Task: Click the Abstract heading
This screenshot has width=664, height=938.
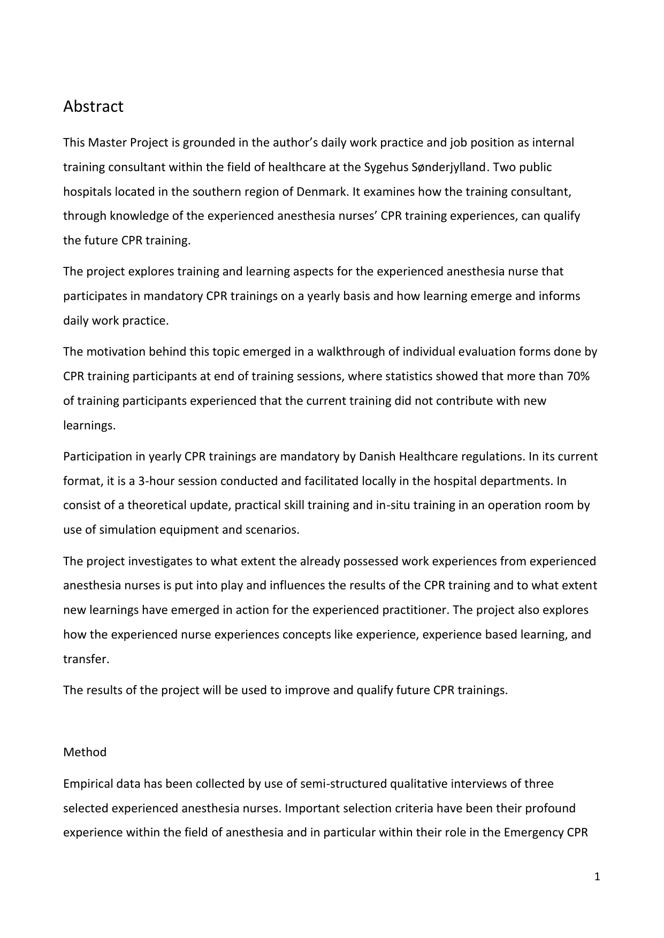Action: click(93, 106)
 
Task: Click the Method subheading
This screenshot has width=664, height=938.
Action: click(85, 752)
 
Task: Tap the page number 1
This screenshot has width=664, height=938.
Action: click(598, 877)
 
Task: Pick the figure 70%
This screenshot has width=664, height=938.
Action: click(578, 376)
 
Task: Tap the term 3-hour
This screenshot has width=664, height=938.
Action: click(156, 481)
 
